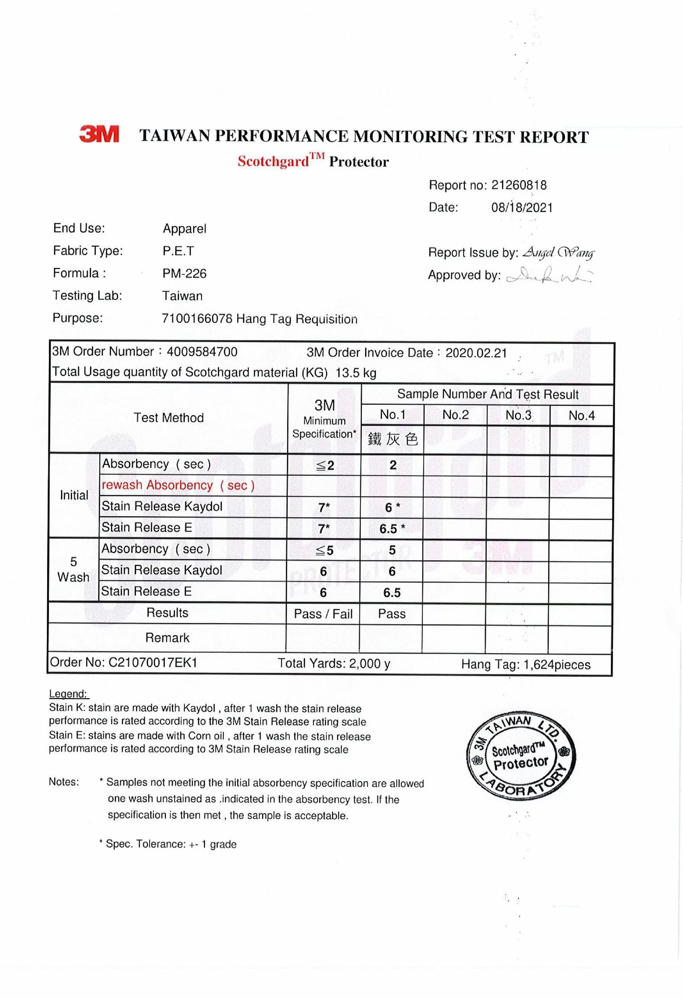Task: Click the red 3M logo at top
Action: point(99,134)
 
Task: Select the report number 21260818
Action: point(518,185)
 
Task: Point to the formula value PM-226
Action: point(184,273)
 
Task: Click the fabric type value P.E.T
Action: point(178,251)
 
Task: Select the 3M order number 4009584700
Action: point(202,352)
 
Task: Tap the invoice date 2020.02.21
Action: point(476,353)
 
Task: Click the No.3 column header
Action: point(518,415)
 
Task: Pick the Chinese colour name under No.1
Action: point(393,439)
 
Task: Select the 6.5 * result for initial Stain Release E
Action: point(392,529)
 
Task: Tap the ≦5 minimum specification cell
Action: point(324,550)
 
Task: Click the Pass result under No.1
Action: point(391,613)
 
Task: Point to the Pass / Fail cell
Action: point(323,613)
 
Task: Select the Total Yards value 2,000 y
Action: point(369,663)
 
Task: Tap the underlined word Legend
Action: point(68,694)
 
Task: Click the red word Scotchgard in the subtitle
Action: point(273,161)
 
